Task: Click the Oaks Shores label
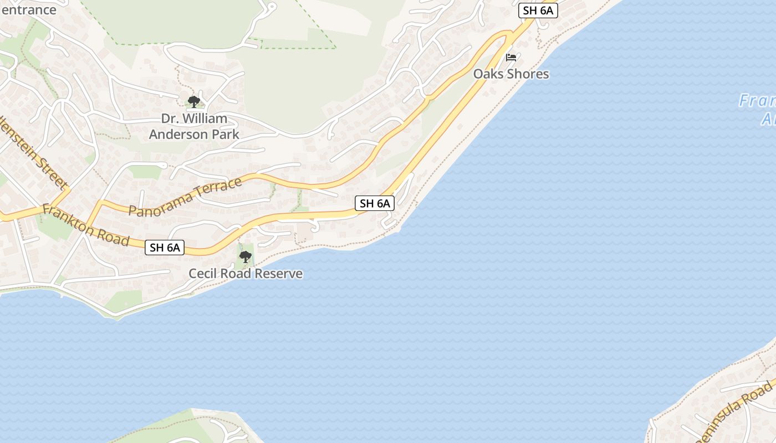click(510, 74)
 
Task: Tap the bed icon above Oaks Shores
click(511, 57)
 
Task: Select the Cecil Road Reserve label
click(246, 273)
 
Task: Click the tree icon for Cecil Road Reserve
click(245, 256)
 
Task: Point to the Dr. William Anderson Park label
click(194, 126)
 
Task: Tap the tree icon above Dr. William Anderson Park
click(193, 101)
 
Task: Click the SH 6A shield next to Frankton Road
click(165, 247)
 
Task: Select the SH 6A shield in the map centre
click(375, 203)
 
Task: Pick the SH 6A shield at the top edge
click(538, 10)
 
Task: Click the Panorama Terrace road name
click(185, 197)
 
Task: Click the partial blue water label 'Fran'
click(757, 101)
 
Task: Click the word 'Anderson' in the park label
click(178, 134)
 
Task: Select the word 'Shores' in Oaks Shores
click(528, 74)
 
